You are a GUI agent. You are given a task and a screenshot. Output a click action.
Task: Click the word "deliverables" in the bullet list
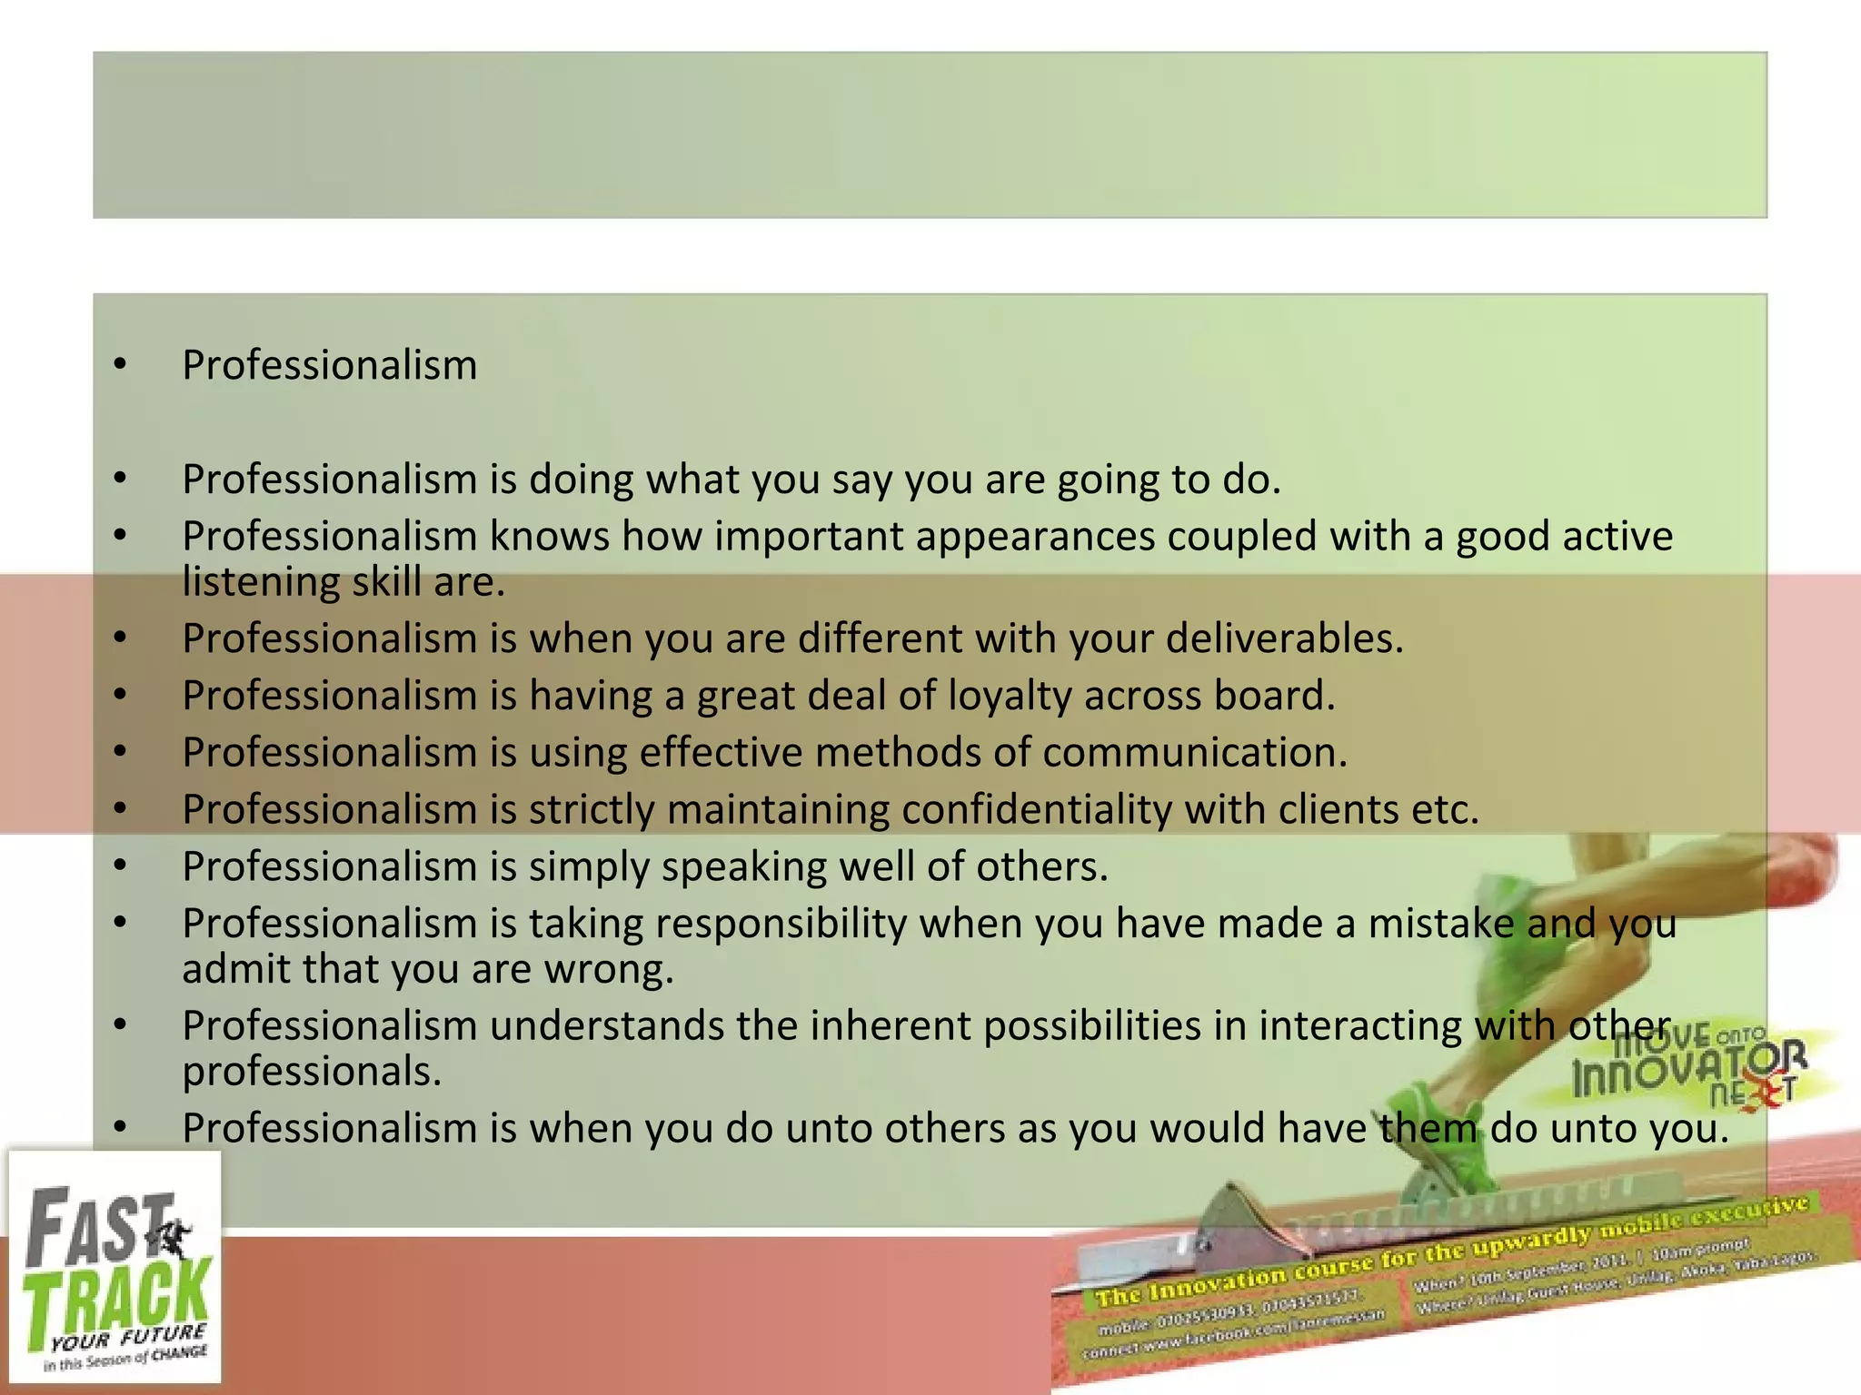coord(1283,638)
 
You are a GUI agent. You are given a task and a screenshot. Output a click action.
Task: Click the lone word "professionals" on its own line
coord(312,1072)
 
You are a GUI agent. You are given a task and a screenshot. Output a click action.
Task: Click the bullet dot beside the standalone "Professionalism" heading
coord(120,365)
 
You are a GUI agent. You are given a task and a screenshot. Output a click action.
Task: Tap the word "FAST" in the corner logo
coord(95,1226)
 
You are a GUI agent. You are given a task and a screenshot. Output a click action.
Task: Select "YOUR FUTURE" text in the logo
coord(127,1338)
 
